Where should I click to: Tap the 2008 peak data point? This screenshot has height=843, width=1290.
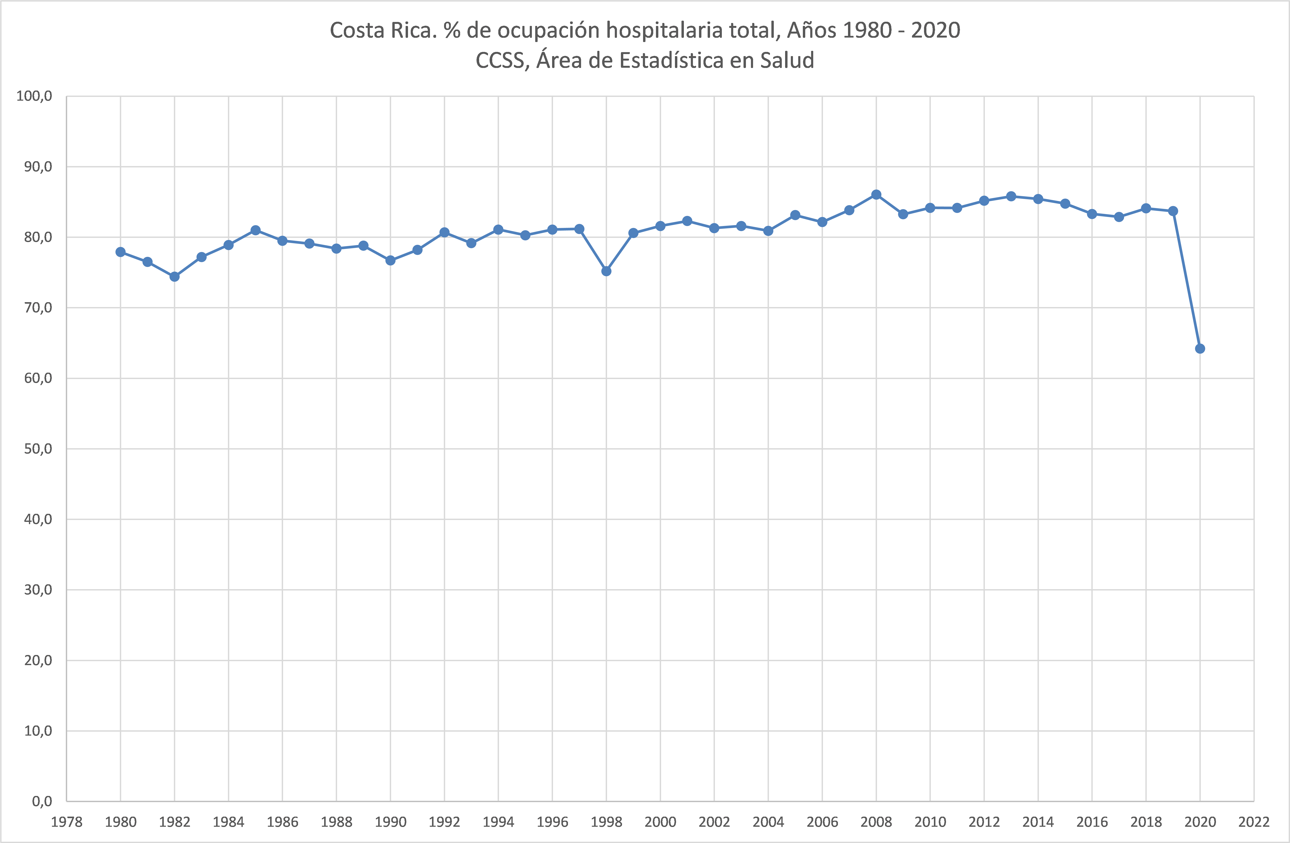[876, 195]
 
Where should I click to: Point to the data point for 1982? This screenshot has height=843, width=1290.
[175, 276]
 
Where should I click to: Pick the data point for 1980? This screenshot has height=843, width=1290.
[120, 252]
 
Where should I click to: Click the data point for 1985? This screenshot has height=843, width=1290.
[255, 230]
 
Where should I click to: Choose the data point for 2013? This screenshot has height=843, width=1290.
[1011, 196]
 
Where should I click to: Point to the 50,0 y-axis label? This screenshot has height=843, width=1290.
[38, 449]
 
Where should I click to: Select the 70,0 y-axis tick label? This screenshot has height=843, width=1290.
[38, 308]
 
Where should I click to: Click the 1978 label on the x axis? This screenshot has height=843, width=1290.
[67, 822]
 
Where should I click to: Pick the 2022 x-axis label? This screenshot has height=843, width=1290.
[1254, 822]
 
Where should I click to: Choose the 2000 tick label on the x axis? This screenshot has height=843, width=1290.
[660, 822]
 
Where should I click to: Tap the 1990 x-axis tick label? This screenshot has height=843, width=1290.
[390, 822]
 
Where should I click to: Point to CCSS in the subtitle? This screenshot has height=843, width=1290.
[501, 60]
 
